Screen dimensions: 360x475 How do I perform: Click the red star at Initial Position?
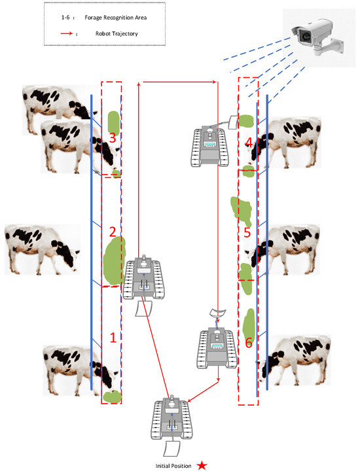tap(202, 465)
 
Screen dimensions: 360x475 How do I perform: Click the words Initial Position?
tap(173, 466)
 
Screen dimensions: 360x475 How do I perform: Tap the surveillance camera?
tap(317, 37)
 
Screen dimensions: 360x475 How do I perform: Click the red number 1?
tap(113, 338)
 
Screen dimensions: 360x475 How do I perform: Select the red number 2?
tap(113, 232)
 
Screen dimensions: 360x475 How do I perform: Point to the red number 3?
tap(113, 137)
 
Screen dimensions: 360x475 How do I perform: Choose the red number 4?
tap(249, 142)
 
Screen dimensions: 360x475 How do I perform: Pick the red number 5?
tap(247, 232)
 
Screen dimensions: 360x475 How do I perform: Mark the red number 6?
tap(249, 342)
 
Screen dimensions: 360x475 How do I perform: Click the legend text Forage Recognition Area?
tap(115, 18)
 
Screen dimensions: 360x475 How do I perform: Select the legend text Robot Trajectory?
tap(117, 33)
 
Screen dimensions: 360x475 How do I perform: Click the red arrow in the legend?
tap(67, 33)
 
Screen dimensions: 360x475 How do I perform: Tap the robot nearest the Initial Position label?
tap(171, 425)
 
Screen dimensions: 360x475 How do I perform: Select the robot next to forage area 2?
tap(143, 285)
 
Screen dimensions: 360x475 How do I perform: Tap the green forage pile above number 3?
tap(114, 122)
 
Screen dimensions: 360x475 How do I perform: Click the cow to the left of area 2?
tap(43, 249)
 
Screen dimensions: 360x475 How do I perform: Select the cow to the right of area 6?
tap(295, 361)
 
